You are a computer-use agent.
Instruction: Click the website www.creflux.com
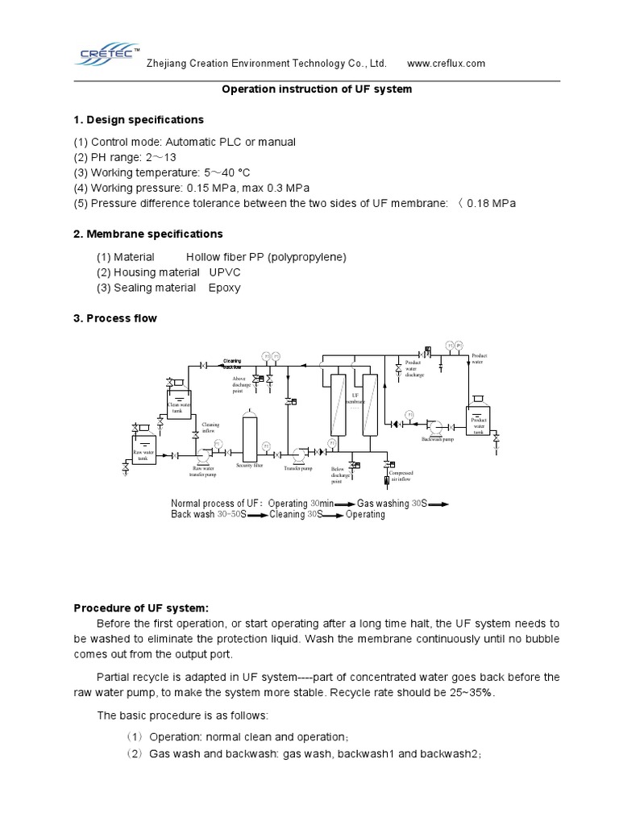pos(447,64)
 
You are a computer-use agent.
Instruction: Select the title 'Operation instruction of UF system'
pos(317,89)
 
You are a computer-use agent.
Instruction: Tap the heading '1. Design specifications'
pos(139,120)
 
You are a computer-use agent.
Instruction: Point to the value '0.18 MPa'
pos(492,203)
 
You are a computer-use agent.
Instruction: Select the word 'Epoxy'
pos(224,288)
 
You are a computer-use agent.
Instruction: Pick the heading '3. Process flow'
pos(115,318)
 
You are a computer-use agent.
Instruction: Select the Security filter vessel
pos(250,437)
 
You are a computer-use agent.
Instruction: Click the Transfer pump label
pos(297,467)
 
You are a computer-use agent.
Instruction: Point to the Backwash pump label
pos(438,439)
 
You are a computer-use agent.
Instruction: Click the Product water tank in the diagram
pos(479,422)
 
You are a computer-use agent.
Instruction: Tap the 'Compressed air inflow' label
pos(401,476)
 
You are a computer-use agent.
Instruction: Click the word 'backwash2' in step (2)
pos(454,753)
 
